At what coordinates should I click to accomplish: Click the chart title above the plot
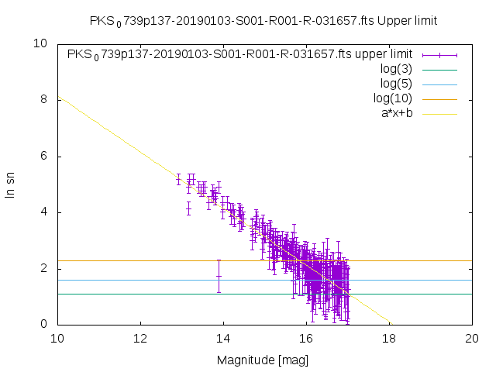click(x=263, y=20)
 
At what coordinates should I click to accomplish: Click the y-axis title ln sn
click(x=11, y=184)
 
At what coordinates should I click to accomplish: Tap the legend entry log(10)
click(x=392, y=98)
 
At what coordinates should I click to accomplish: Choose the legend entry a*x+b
click(x=396, y=113)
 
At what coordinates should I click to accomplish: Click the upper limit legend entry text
click(x=239, y=54)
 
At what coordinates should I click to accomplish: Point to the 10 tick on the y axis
click(x=40, y=43)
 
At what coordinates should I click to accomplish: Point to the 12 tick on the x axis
click(x=140, y=339)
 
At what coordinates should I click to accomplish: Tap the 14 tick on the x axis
click(x=223, y=339)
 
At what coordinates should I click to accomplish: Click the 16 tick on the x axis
click(x=306, y=339)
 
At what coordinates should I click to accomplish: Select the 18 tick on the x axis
click(x=390, y=339)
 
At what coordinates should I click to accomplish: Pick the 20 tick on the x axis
click(x=473, y=339)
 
